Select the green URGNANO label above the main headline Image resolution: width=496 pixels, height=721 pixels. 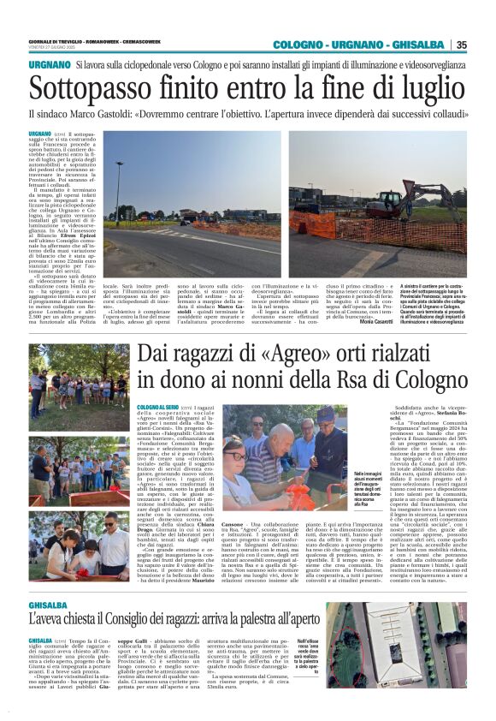tap(49, 65)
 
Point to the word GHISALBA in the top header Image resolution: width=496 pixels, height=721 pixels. tap(423, 45)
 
